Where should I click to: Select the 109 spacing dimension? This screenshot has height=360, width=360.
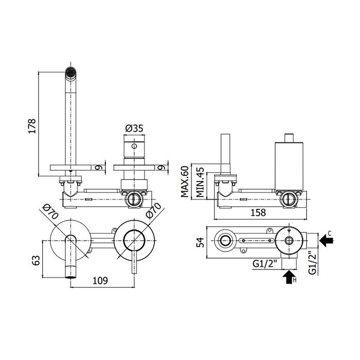point(101,281)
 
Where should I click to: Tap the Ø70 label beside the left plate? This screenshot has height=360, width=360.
point(49,211)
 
